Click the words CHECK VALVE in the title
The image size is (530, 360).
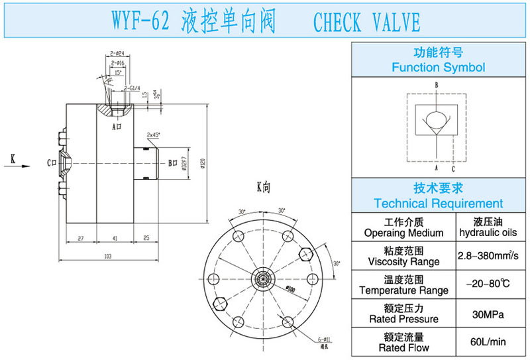pyautogui.click(x=366, y=22)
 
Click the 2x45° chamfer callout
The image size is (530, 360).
pyautogui.click(x=154, y=135)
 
